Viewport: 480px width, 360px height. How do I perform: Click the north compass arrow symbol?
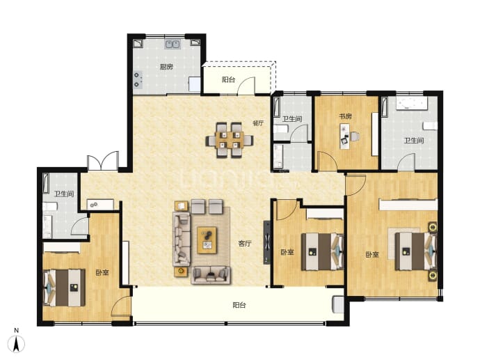click(17, 343)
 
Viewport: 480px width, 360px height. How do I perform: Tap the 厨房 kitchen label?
click(166, 67)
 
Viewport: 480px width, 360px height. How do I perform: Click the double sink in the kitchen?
click(173, 45)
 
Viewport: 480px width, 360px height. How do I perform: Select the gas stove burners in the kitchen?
click(138, 79)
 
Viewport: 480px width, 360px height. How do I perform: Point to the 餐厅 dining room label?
click(258, 123)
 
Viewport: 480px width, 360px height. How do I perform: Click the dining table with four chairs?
click(230, 140)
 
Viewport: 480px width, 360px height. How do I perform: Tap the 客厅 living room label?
click(245, 244)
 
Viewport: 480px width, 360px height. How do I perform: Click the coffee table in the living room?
click(207, 240)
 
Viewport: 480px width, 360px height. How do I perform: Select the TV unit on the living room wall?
click(267, 242)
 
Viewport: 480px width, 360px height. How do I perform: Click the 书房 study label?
click(345, 116)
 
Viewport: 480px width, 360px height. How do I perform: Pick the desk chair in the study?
click(355, 136)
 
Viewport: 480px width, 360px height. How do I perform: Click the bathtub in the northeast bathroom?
click(411, 103)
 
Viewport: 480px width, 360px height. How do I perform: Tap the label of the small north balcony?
click(228, 79)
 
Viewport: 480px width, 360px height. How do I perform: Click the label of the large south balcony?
click(239, 305)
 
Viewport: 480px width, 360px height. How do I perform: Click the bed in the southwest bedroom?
click(64, 288)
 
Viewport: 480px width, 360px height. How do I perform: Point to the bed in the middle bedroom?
click(322, 252)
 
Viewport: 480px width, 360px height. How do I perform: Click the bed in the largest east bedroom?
click(415, 251)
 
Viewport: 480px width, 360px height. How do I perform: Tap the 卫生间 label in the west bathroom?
click(64, 194)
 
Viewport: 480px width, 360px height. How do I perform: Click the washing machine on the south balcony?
click(338, 304)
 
